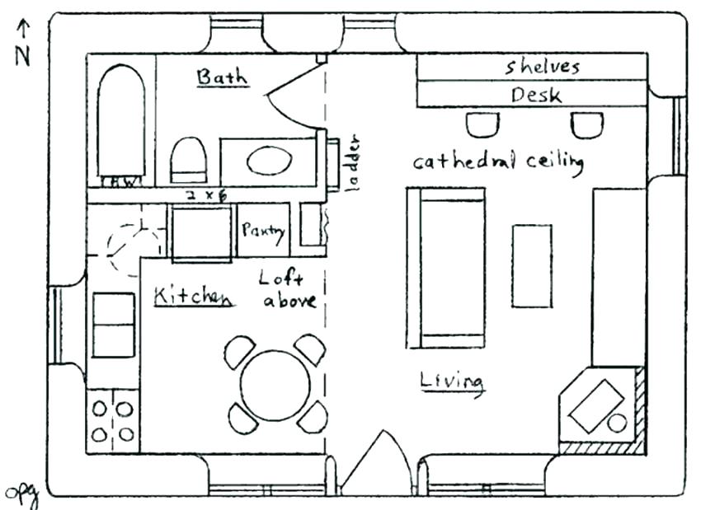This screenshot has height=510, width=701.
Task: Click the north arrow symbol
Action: [x=23, y=33]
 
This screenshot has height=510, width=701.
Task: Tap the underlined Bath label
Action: [x=221, y=77]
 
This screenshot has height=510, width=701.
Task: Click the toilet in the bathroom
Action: [x=188, y=160]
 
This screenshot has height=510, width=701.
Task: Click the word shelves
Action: [x=543, y=68]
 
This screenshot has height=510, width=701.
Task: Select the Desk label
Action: [x=536, y=95]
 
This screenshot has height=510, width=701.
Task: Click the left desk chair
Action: [x=482, y=124]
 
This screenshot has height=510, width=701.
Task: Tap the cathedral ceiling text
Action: [x=498, y=161]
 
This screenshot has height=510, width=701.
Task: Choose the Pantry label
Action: [x=263, y=232]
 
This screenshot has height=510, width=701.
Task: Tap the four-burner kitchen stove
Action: [x=112, y=420]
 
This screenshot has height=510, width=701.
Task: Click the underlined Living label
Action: [x=451, y=381]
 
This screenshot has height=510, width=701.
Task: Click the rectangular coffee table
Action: [x=532, y=266]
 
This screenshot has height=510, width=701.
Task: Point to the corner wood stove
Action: [x=600, y=408]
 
